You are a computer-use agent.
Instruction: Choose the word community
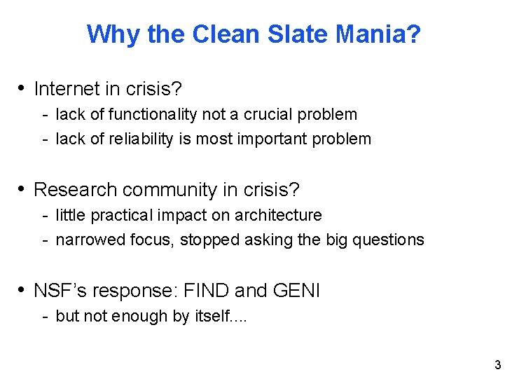pyautogui.click(x=165, y=190)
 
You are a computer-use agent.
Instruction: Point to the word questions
pyautogui.click(x=389, y=240)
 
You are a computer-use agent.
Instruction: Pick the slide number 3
pyautogui.click(x=497, y=365)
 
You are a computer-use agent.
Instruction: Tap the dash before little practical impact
pyautogui.click(x=44, y=216)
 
